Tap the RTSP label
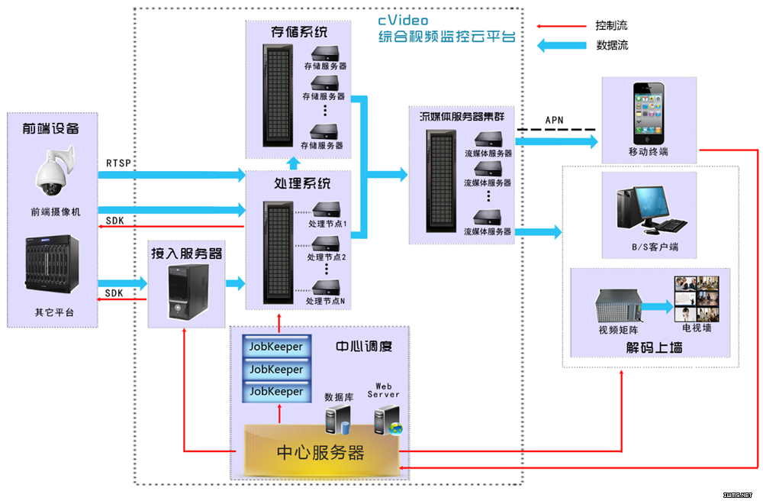pyautogui.click(x=120, y=163)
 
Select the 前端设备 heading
pyautogui.click(x=50, y=128)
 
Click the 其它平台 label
pyautogui.click(x=53, y=312)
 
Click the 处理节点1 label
pyautogui.click(x=327, y=224)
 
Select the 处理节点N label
pyautogui.click(x=326, y=301)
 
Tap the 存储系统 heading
pyautogui.click(x=298, y=33)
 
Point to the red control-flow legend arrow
pyautogui.click(x=562, y=26)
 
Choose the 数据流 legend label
pyautogui.click(x=612, y=45)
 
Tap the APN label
pyautogui.click(x=555, y=121)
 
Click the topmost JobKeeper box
pyautogui.click(x=276, y=347)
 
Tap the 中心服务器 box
pyautogui.click(x=320, y=451)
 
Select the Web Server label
pyautogui.click(x=383, y=390)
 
